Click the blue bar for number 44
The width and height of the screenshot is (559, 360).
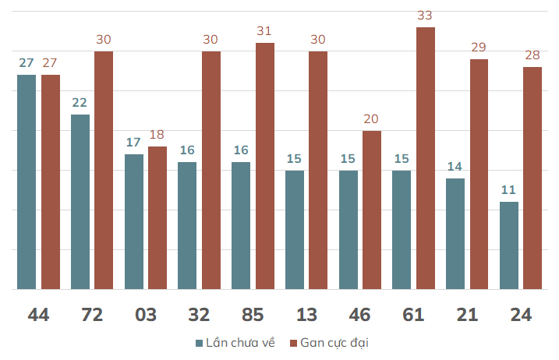[27, 182]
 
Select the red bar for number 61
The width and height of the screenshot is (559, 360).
[426, 158]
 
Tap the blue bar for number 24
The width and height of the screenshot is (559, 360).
[509, 245]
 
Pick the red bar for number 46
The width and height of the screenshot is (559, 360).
[372, 210]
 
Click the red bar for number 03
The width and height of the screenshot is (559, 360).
[157, 217]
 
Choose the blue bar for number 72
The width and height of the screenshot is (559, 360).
[80, 202]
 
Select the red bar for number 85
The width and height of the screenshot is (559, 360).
[265, 166]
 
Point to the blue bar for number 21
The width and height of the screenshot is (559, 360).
[455, 234]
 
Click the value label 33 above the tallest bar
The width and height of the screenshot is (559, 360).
[425, 16]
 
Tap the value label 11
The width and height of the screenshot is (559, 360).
[508, 190]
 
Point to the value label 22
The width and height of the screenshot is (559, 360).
[80, 103]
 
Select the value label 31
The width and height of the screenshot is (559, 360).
[264, 31]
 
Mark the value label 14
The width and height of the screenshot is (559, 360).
[455, 167]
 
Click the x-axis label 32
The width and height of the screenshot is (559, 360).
[199, 315]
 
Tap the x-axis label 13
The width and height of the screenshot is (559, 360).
[306, 315]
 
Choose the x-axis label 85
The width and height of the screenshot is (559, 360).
[253, 315]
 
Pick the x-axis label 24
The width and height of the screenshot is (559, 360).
[521, 315]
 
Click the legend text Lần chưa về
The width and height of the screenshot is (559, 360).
[241, 343]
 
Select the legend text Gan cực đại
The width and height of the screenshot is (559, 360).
[334, 343]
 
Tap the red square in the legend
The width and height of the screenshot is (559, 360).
[293, 344]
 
